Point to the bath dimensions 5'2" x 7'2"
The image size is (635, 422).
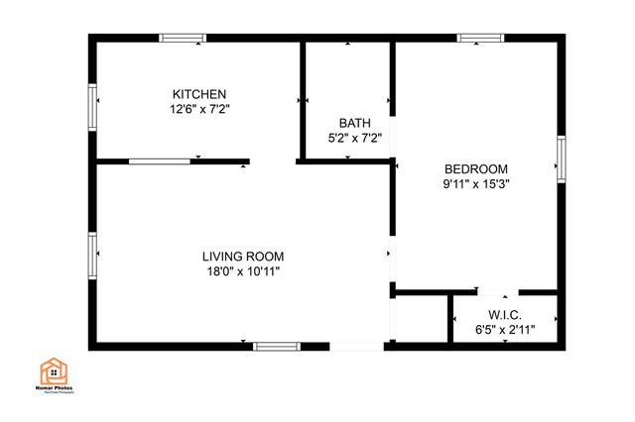click(x=354, y=139)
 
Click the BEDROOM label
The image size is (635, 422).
click(x=475, y=168)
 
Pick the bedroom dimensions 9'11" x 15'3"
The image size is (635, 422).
click(x=476, y=183)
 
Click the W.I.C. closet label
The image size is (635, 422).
click(x=502, y=314)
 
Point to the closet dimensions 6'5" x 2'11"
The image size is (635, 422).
click(x=503, y=329)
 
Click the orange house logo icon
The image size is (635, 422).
click(x=54, y=372)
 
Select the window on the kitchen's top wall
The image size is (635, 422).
click(x=183, y=39)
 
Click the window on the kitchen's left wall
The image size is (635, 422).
click(x=92, y=107)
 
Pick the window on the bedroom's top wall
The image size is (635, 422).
click(x=480, y=39)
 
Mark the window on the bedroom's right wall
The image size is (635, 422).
click(x=562, y=160)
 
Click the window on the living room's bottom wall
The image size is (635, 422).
click(x=276, y=346)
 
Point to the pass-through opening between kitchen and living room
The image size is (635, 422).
click(x=159, y=160)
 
